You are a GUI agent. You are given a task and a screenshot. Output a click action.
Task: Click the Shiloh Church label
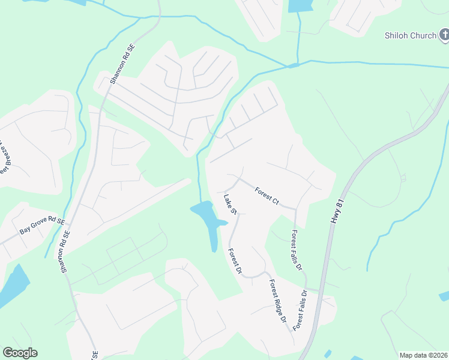(x=410, y=35)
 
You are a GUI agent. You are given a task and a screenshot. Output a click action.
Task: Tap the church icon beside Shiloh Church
(x=443, y=35)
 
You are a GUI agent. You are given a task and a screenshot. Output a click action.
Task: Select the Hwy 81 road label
(x=336, y=212)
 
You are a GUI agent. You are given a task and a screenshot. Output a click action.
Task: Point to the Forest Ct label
(x=267, y=196)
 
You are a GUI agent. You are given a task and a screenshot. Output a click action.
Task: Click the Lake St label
(x=231, y=204)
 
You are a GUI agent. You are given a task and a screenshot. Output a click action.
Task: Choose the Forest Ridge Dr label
(x=277, y=302)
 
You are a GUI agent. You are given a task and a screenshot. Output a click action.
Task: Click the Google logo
(x=20, y=353)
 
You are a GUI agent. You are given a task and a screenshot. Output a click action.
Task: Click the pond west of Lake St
(x=208, y=219)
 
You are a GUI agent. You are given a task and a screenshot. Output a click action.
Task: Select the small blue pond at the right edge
(x=444, y=295)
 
